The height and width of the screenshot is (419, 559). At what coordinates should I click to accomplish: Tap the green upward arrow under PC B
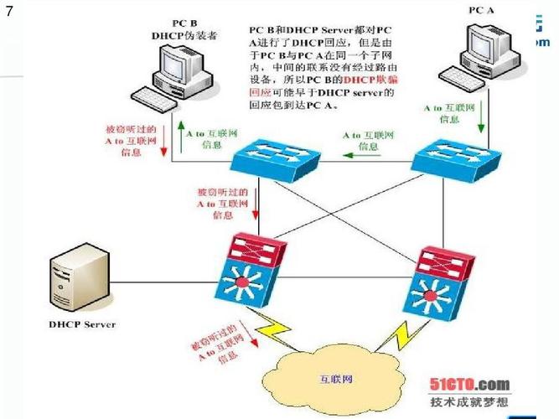point(177,134)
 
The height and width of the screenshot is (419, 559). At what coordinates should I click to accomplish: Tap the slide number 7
point(9,12)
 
